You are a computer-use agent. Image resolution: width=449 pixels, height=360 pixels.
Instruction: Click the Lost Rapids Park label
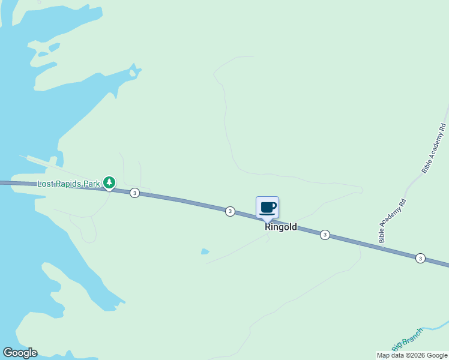point(68,184)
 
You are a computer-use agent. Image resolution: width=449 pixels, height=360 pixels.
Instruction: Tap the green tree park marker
point(109,182)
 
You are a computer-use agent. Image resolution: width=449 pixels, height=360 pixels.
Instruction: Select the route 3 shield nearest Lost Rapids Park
point(134,193)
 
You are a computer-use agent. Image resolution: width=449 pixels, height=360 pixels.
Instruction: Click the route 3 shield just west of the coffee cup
point(230,211)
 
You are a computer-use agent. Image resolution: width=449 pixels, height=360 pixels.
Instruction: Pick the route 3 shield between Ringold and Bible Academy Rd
point(325,235)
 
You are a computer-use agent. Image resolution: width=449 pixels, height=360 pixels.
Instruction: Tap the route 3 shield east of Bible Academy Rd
point(420,258)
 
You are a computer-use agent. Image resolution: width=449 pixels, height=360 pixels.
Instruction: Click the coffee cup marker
point(268,208)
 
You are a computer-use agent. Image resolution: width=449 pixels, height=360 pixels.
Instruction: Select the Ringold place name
point(281,227)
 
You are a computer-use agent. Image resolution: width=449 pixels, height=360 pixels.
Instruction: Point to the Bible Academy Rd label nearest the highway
point(393,221)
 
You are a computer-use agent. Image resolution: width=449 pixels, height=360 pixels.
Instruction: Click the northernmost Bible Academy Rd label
point(435,148)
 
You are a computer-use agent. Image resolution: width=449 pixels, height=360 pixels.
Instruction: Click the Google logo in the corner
point(20,353)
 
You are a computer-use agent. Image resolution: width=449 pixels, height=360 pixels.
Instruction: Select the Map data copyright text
point(412,355)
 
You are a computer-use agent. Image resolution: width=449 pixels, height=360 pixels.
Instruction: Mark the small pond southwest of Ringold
point(205,251)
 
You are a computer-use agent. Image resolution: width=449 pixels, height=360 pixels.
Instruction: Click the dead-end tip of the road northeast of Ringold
point(362,190)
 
